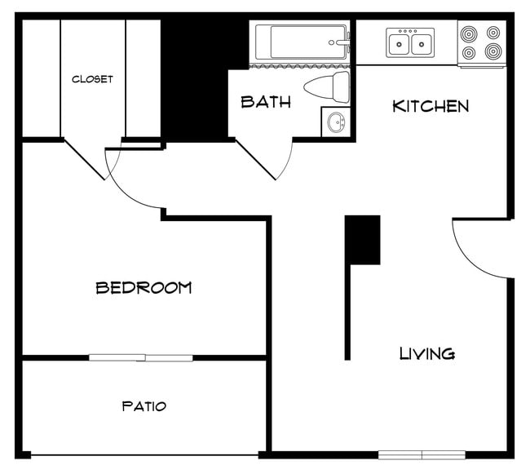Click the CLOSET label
click(92, 79)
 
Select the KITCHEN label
click(431, 106)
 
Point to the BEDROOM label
click(144, 287)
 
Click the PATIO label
click(144, 405)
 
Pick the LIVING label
click(426, 353)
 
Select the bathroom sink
click(334, 123)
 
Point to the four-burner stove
click(480, 43)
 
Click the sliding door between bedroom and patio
click(141, 357)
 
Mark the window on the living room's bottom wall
click(422, 454)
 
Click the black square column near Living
click(362, 239)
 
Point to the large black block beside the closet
click(193, 78)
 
